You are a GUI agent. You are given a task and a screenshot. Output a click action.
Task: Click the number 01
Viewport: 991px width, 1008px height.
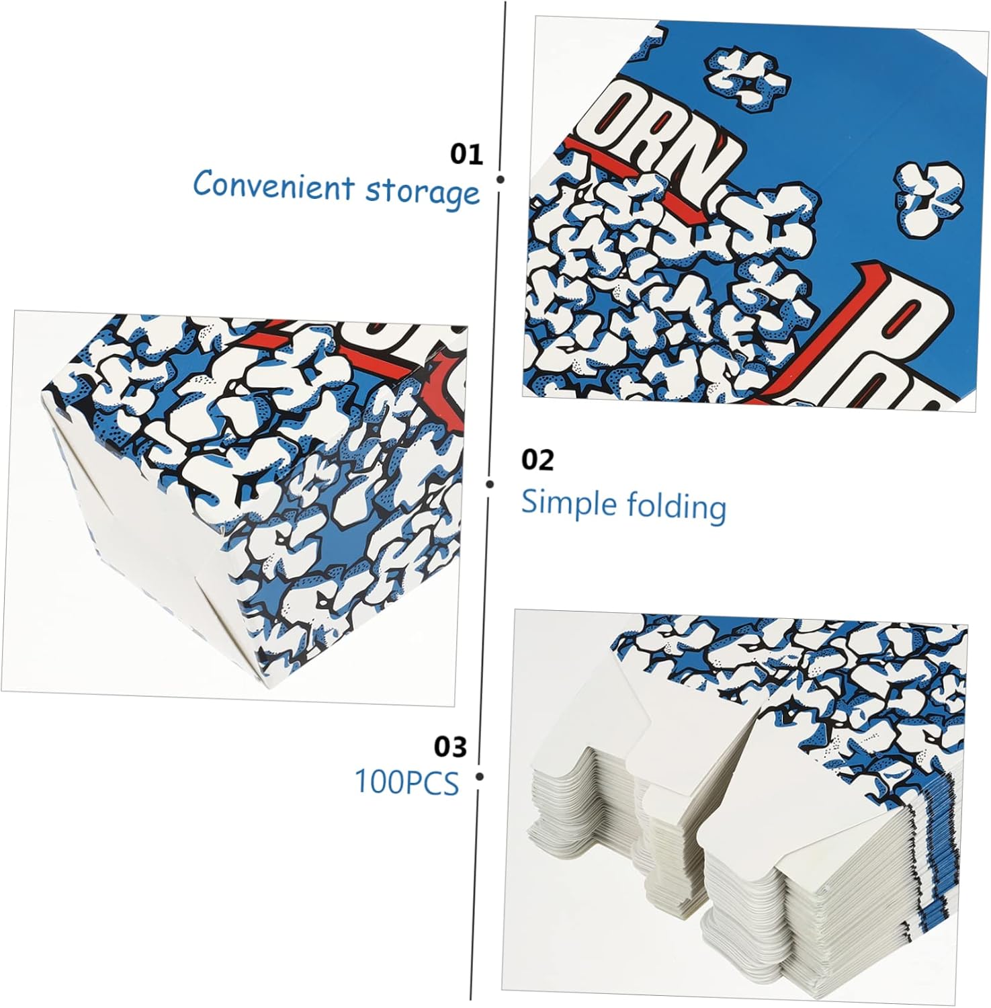pyautogui.click(x=466, y=155)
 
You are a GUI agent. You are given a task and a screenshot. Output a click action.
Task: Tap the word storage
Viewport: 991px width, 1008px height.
pyautogui.click(x=423, y=191)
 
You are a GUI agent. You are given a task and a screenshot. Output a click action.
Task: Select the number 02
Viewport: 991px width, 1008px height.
pyautogui.click(x=537, y=460)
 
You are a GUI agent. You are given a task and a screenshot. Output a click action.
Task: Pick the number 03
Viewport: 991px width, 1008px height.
pyautogui.click(x=449, y=747)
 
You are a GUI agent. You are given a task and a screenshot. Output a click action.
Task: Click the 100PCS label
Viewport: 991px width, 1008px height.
pyautogui.click(x=406, y=782)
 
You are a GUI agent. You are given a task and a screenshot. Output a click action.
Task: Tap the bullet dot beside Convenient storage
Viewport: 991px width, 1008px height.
pyautogui.click(x=500, y=179)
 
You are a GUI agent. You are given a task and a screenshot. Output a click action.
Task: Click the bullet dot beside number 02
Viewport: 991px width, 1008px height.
pyautogui.click(x=490, y=484)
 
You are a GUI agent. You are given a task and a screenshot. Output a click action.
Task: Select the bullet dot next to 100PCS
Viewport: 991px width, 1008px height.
pyautogui.click(x=479, y=777)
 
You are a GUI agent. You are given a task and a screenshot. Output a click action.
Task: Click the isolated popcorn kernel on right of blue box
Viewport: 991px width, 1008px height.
pyautogui.click(x=929, y=200)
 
